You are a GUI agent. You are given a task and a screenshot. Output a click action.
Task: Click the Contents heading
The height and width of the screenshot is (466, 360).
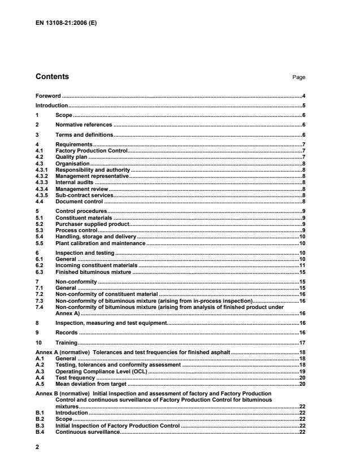click(52, 77)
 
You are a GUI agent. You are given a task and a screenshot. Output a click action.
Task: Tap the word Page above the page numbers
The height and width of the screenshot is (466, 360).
click(300, 78)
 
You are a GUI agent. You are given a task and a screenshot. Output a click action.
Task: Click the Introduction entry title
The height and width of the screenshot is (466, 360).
click(51, 106)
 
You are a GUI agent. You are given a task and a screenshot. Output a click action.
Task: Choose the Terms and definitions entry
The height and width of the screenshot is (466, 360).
click(84, 135)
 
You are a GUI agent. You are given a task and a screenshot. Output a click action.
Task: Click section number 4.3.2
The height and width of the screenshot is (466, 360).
click(42, 176)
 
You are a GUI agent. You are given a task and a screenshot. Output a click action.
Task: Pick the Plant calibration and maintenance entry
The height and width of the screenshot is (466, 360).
click(100, 243)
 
